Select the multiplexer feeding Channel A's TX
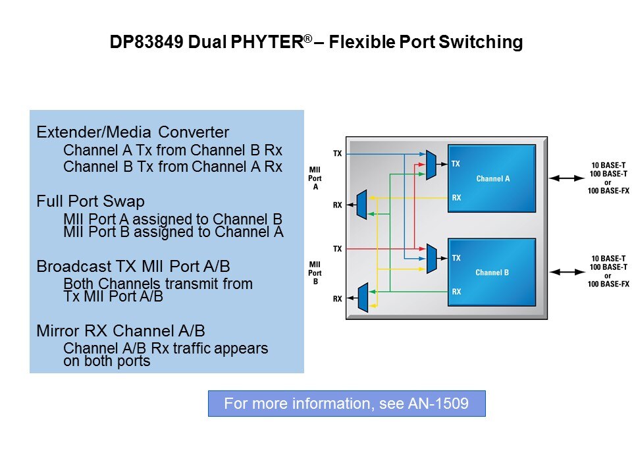[x=431, y=165]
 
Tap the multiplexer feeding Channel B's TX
[x=431, y=259]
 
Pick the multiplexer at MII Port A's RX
[x=361, y=204]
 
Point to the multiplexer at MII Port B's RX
[x=361, y=298]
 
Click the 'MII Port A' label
[x=315, y=178]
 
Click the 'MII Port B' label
[x=315, y=273]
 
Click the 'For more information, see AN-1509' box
[x=346, y=404]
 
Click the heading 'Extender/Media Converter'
[x=132, y=132]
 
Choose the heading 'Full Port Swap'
[x=90, y=201]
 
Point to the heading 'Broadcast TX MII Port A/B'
[x=132, y=267]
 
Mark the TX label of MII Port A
[x=337, y=153]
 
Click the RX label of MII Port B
[x=337, y=299]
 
